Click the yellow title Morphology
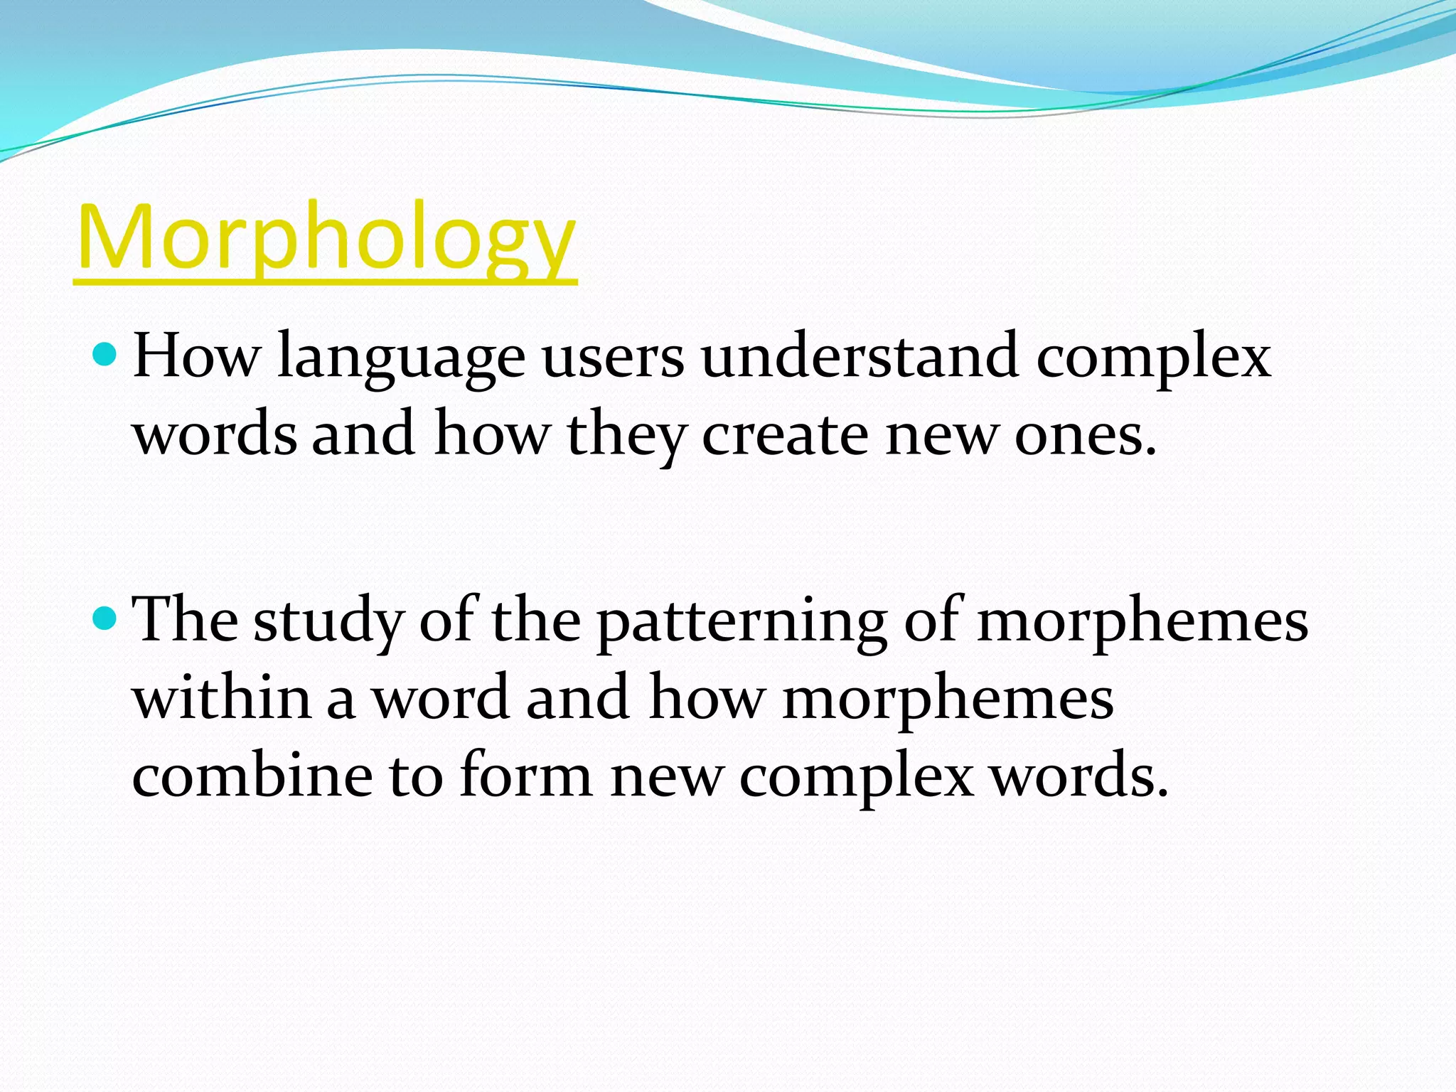[x=326, y=238]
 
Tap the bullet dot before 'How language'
[x=105, y=353]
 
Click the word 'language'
[x=401, y=358]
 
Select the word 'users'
[x=613, y=358]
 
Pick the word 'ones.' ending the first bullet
[x=1086, y=435]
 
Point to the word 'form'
[x=525, y=775]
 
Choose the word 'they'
[x=626, y=435]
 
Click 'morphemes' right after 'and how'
[x=947, y=698]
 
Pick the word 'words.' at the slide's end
[x=1079, y=775]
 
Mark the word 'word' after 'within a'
[x=441, y=698]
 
